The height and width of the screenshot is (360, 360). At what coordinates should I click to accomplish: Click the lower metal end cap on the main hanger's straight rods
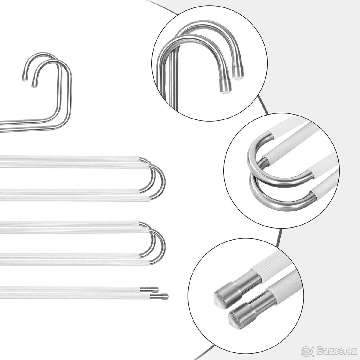point(165,296)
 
